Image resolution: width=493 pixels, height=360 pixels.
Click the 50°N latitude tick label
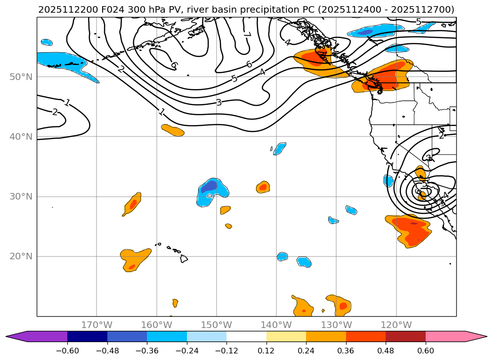(21, 77)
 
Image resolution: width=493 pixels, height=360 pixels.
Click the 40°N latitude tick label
(21, 136)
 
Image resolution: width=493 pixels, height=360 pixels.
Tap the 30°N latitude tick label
(21, 196)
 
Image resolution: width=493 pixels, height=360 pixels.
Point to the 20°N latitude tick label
(21, 256)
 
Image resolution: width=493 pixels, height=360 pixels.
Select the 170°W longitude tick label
(97, 325)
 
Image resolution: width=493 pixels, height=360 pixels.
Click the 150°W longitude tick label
(217, 325)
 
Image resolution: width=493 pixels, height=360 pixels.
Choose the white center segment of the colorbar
(246, 336)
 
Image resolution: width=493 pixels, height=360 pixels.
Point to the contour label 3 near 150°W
(218, 102)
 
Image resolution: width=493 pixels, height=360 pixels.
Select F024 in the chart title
(107, 9)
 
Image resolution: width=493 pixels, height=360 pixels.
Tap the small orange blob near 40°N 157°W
(173, 130)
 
